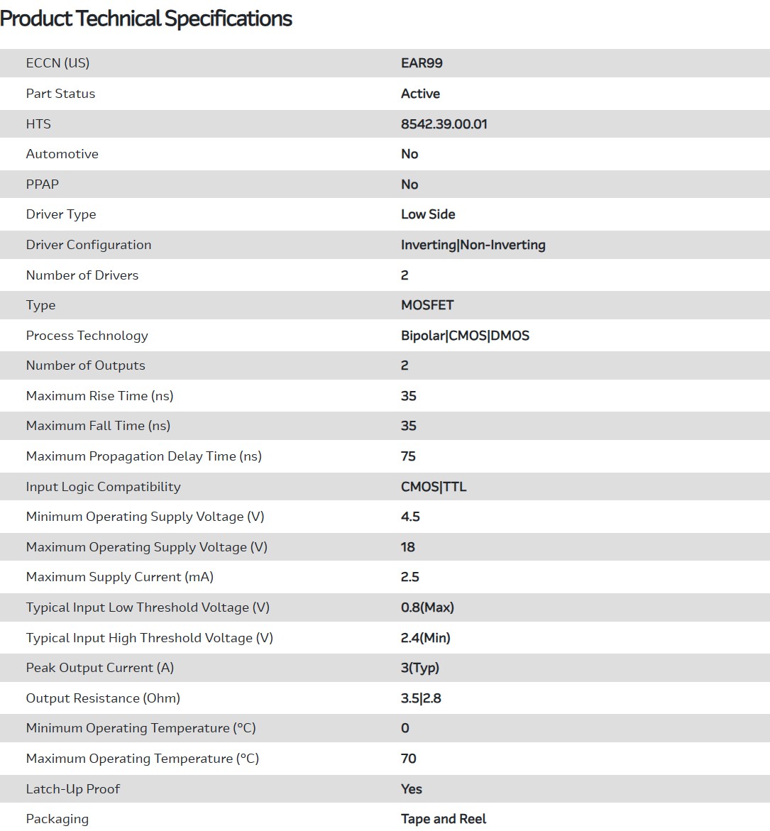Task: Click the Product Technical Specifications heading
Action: [x=146, y=18]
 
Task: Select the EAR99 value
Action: [x=422, y=63]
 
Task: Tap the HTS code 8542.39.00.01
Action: [x=444, y=124]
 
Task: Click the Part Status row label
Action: [x=60, y=94]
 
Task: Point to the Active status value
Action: [x=420, y=94]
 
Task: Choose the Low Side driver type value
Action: [x=428, y=214]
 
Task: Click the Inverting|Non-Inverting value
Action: [x=473, y=245]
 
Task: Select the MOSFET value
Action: [x=427, y=305]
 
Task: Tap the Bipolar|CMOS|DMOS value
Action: [x=465, y=336]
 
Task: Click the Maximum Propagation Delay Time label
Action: [x=143, y=456]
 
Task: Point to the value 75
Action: [x=408, y=456]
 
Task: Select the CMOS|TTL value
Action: [x=434, y=487]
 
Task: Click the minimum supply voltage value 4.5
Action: [x=410, y=517]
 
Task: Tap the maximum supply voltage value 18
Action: [x=408, y=547]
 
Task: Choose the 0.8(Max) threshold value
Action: [x=427, y=607]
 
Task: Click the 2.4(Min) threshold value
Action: [x=425, y=638]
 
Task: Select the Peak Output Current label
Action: [x=99, y=668]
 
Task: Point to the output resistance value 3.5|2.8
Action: [x=421, y=698]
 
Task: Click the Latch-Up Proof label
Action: [x=72, y=789]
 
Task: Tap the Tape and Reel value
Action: [x=444, y=819]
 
